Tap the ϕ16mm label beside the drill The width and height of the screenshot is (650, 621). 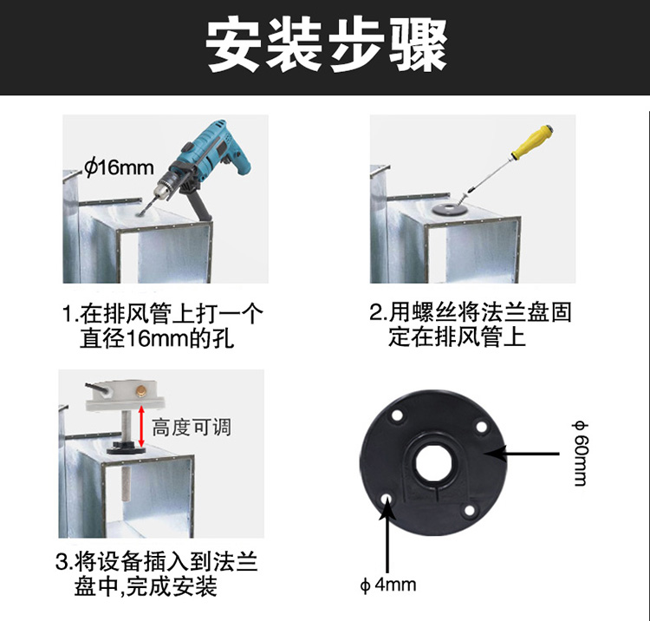tap(119, 167)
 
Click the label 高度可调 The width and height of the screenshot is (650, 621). tap(192, 428)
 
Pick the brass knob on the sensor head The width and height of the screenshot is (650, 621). tap(141, 391)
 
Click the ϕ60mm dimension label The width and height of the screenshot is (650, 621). tap(580, 453)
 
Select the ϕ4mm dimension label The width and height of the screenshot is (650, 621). tap(388, 585)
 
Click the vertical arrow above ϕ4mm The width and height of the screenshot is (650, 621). tap(387, 534)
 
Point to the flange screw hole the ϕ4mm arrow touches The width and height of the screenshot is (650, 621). tap(387, 497)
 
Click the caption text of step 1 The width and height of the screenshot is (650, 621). tap(163, 326)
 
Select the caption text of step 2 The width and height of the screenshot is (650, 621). tap(471, 324)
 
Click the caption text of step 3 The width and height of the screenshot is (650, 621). tap(157, 574)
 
